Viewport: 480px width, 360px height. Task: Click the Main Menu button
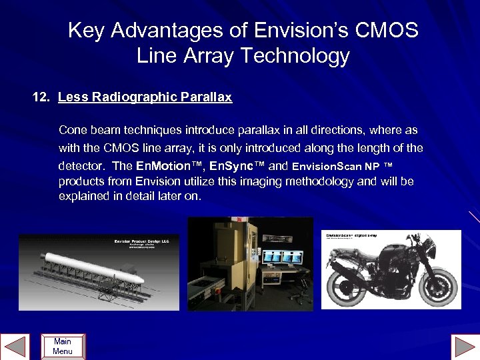(63, 347)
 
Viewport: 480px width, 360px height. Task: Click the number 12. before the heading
(42, 97)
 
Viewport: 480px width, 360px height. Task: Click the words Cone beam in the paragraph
(84, 129)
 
